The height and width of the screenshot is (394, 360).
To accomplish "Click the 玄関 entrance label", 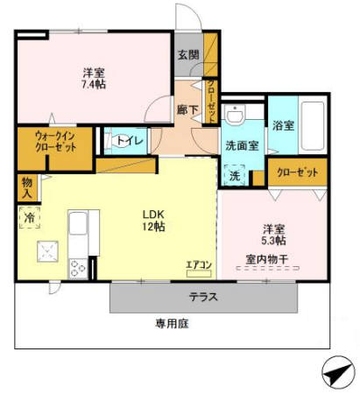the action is tap(188, 55).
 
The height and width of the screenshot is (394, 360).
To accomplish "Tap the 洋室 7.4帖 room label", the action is tap(94, 78).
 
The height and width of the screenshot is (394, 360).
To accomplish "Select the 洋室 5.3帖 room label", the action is tap(273, 235).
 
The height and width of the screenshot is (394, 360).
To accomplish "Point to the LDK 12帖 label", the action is tap(153, 221).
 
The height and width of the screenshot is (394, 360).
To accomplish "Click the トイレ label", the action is tap(130, 141).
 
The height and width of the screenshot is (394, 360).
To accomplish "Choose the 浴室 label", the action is tap(283, 125).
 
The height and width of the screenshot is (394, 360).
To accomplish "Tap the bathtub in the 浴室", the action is tap(313, 126).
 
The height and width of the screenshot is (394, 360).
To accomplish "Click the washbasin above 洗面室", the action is tap(235, 115).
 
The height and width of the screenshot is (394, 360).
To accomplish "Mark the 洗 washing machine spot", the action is tap(235, 176).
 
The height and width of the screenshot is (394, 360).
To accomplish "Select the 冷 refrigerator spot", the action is tap(29, 217).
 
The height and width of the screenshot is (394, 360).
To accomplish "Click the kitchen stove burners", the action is tap(78, 269).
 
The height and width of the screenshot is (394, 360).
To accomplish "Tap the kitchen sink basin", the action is tap(78, 223).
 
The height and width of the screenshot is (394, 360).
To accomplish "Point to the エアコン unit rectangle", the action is tap(199, 273).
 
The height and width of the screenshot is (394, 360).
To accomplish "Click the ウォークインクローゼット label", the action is tap(56, 142).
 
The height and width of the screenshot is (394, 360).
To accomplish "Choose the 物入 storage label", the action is tap(27, 188).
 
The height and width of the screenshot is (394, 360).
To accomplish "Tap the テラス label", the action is tap(203, 297).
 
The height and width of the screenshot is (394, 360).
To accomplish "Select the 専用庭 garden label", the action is tap(172, 323).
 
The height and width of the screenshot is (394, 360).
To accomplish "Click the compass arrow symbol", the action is tap(338, 373).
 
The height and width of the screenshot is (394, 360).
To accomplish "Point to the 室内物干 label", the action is tap(267, 259).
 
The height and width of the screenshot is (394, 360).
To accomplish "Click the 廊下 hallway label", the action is tap(187, 109).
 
